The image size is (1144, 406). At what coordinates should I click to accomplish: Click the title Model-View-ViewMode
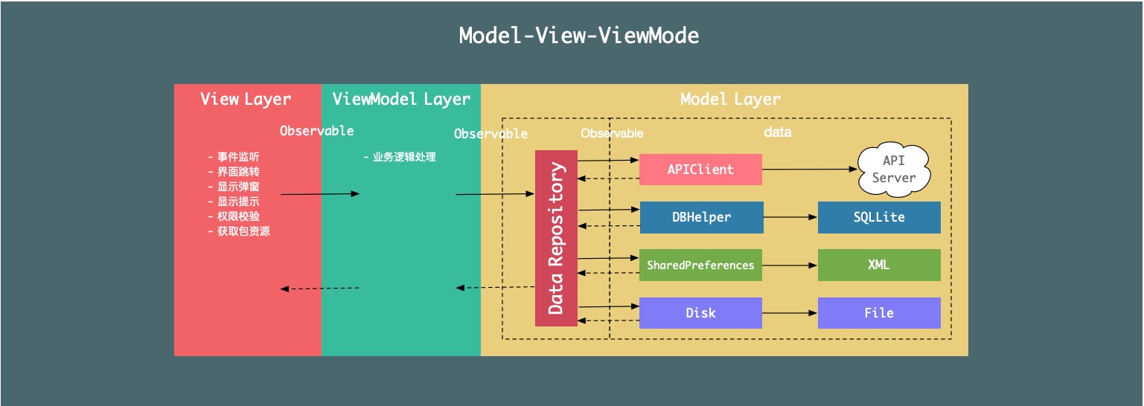(x=578, y=36)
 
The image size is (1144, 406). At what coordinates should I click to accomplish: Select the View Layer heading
(x=246, y=99)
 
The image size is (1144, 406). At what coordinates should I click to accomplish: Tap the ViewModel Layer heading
(x=401, y=99)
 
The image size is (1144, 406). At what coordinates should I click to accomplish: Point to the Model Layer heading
(x=730, y=99)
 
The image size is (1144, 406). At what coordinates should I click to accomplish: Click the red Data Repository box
(x=556, y=238)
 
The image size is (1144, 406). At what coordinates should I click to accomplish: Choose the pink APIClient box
(x=700, y=170)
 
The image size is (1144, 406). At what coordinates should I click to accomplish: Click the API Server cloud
(x=893, y=170)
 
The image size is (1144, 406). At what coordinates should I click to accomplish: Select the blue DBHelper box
(x=701, y=217)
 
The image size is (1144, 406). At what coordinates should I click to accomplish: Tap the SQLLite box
(x=879, y=217)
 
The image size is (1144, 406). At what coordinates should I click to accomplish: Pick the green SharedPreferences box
(x=700, y=265)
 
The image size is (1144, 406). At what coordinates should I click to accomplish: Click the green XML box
(x=879, y=265)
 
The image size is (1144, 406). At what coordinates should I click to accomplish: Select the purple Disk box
(x=700, y=313)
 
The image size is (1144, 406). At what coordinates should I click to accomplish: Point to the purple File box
(x=879, y=313)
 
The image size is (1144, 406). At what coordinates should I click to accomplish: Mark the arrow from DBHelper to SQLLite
(x=790, y=217)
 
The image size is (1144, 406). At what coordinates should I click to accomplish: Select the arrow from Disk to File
(x=790, y=313)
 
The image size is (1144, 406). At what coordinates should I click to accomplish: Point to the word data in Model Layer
(x=778, y=132)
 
